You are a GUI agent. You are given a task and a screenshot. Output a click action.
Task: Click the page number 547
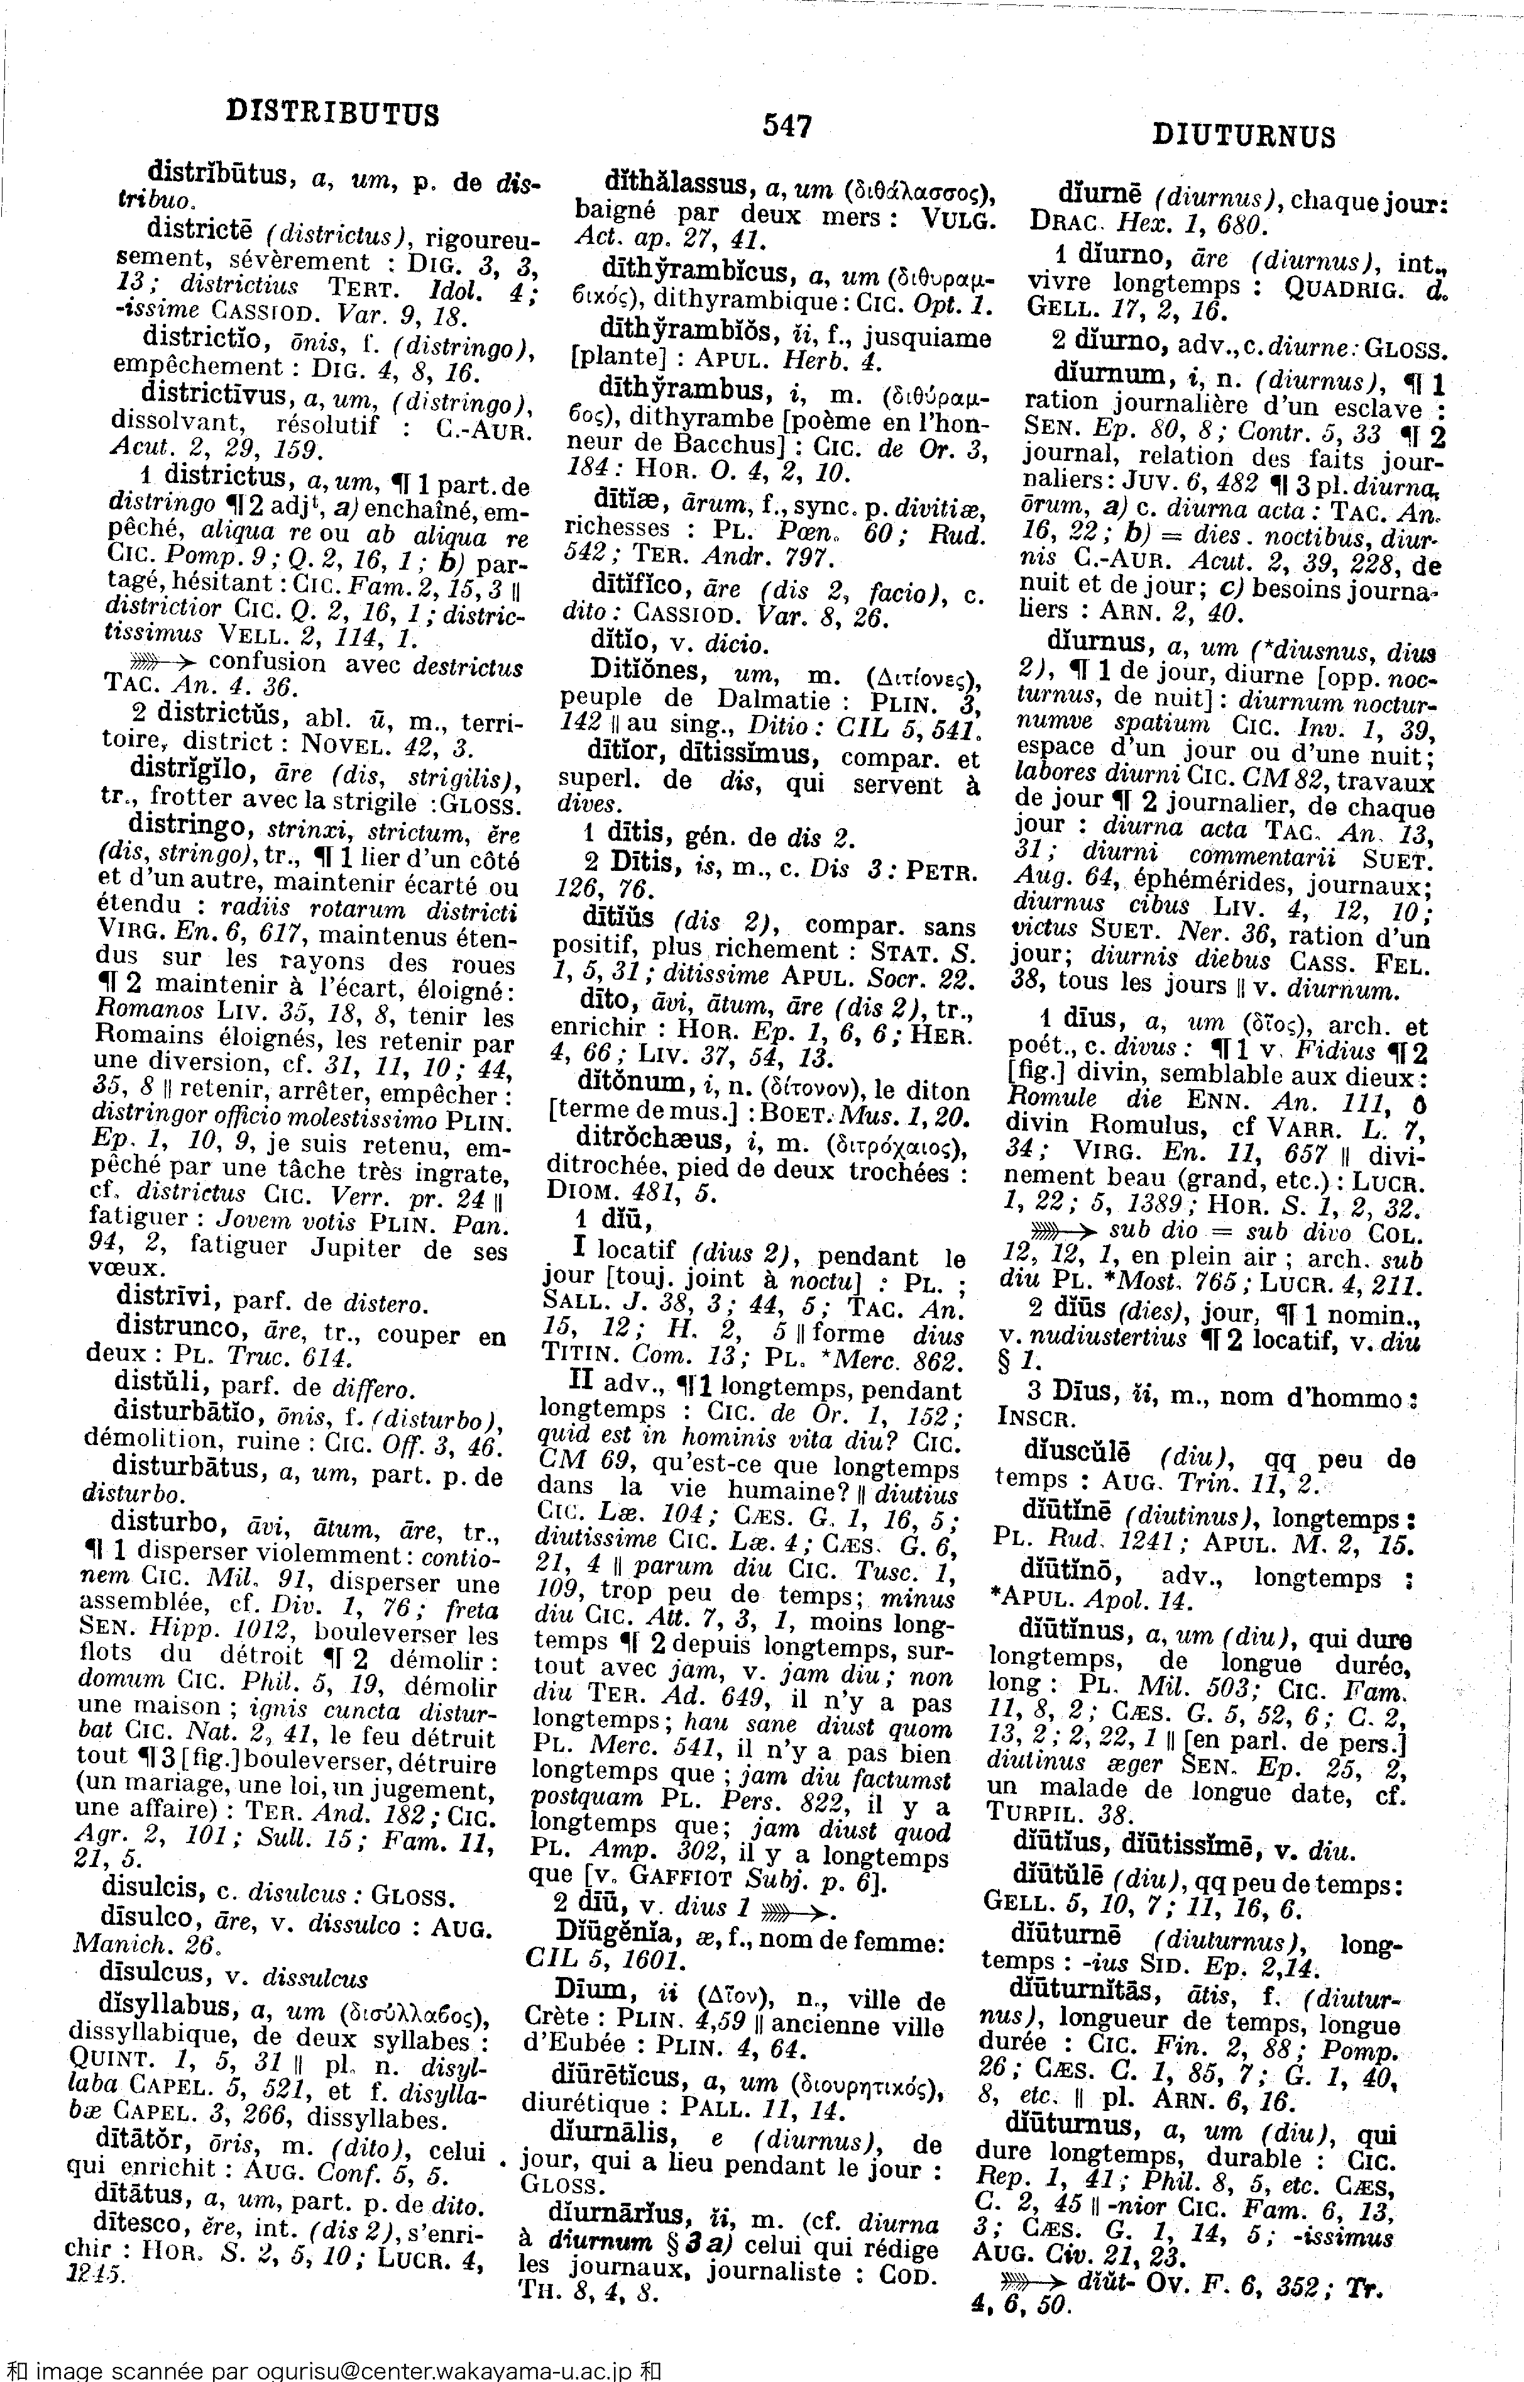[787, 126]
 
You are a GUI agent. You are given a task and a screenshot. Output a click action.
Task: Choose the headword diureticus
[620, 2075]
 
